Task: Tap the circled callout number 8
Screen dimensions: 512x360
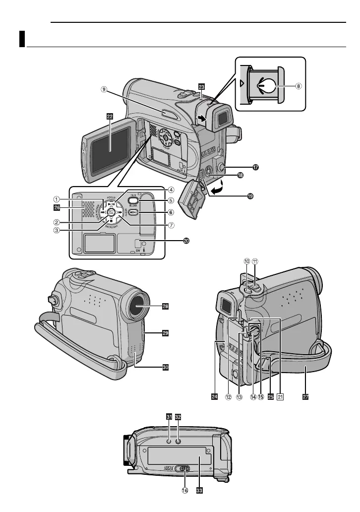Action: pyautogui.click(x=299, y=85)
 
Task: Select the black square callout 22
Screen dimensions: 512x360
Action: pyautogui.click(x=110, y=116)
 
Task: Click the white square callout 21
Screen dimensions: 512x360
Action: pyautogui.click(x=280, y=396)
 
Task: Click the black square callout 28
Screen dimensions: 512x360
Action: pyautogui.click(x=165, y=307)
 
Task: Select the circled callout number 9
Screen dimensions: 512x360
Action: pyautogui.click(x=104, y=90)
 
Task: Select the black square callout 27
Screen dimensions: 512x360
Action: pyautogui.click(x=304, y=396)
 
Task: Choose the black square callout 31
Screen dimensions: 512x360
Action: pyautogui.click(x=169, y=417)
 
